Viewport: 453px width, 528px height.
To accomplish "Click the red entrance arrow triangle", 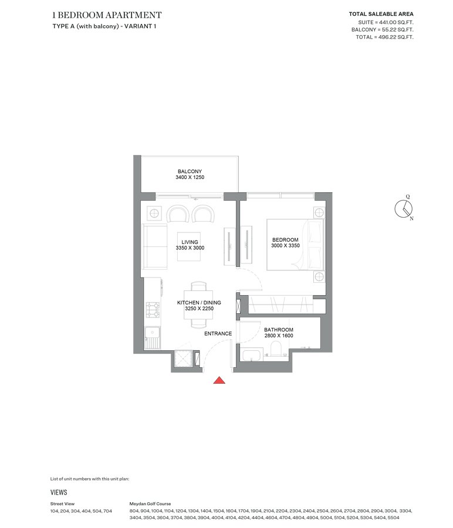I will click(219, 380).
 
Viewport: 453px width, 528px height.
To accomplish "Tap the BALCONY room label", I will click(190, 171).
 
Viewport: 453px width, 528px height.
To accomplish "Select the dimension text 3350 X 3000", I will click(190, 248).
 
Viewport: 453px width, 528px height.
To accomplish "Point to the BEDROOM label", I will click(285, 240).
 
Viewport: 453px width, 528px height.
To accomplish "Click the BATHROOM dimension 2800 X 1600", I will click(278, 336).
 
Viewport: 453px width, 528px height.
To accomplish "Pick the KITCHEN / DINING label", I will click(191, 303).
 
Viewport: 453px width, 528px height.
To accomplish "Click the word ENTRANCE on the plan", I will click(218, 334).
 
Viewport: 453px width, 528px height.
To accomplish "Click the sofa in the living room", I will click(155, 245).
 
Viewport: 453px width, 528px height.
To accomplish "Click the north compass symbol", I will click(404, 208).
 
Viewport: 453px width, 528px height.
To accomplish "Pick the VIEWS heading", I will click(59, 492).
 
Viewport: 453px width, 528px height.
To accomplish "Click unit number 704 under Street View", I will click(107, 511).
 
